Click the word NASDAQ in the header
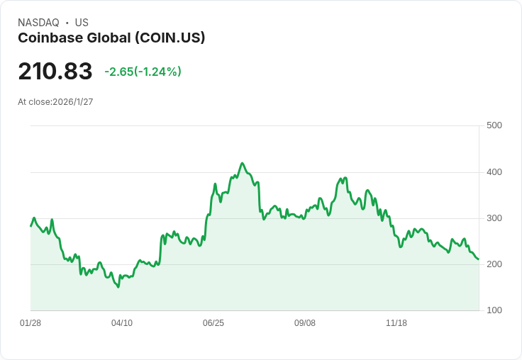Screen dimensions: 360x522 [38, 23]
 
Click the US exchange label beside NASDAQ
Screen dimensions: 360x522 [82, 23]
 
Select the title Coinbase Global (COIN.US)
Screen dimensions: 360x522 [111, 38]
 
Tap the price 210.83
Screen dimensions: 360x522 [55, 72]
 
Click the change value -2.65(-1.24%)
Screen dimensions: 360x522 [143, 72]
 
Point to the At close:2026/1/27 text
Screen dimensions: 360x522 [55, 102]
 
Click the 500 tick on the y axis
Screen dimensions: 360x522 [494, 125]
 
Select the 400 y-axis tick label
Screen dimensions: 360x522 [494, 172]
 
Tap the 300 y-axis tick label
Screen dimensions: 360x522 [494, 218]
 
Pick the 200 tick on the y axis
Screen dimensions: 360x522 [494, 264]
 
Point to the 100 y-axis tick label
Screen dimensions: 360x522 [494, 310]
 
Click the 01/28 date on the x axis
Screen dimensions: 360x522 [30, 323]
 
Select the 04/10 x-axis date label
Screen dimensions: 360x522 [122, 323]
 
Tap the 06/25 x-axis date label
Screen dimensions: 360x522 [213, 323]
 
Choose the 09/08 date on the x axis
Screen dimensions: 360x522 [305, 323]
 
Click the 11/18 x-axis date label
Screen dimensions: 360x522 [396, 323]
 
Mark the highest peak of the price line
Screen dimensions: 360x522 [243, 163]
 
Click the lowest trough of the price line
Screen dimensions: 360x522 [118, 287]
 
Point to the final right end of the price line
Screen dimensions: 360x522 [479, 259]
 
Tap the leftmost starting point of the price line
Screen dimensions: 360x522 [30, 226]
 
